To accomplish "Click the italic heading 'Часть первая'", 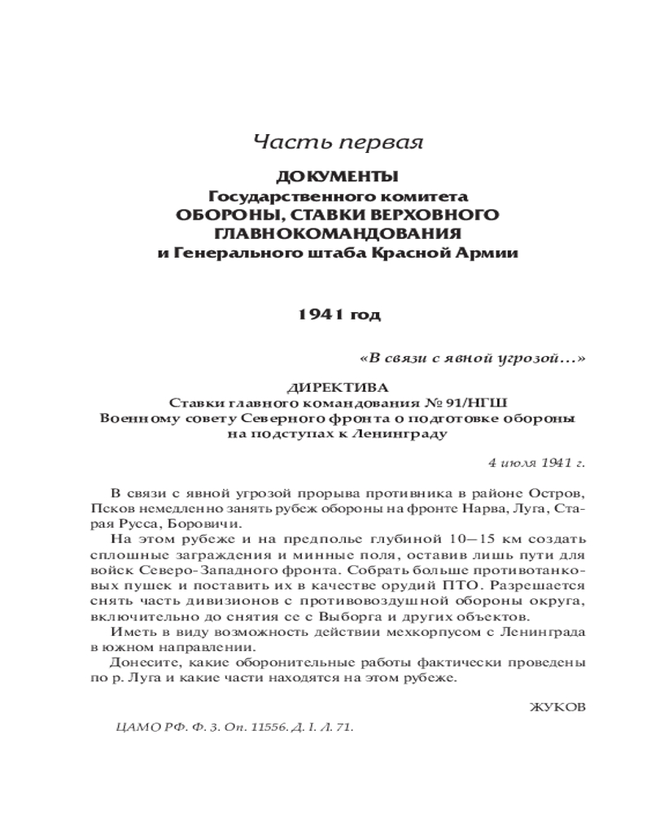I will (x=338, y=142).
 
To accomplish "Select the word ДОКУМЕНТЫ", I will (x=337, y=176).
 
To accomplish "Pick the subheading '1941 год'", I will (x=337, y=315).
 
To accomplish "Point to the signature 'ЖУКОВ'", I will (x=557, y=708).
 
